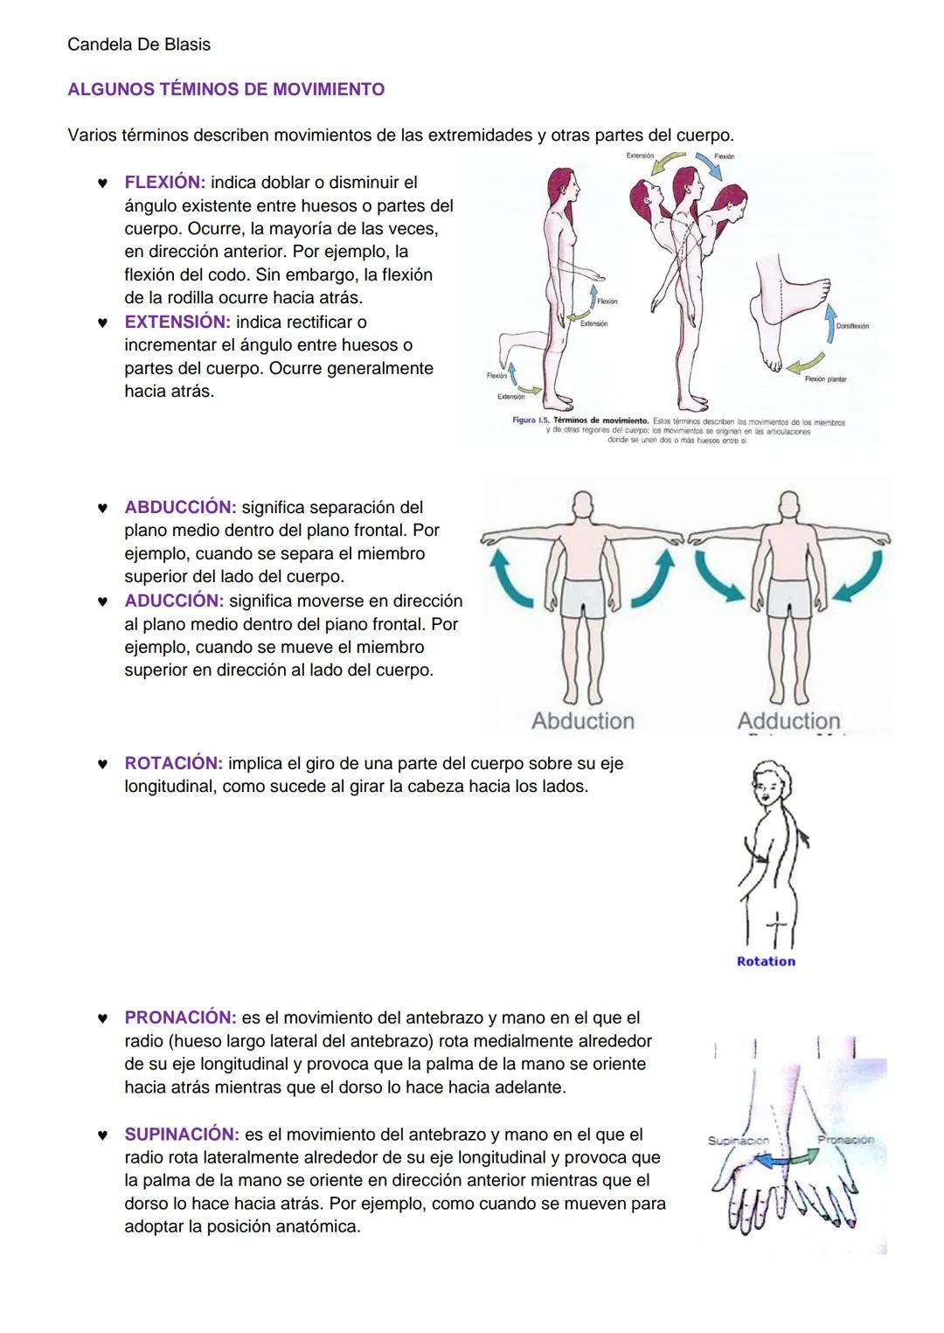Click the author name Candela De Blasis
[x=138, y=45]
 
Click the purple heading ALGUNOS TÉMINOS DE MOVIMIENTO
[x=226, y=89]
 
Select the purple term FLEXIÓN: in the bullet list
[x=164, y=183]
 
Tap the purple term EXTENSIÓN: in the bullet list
[x=177, y=322]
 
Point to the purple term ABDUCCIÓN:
[x=180, y=507]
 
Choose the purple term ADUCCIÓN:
[x=174, y=601]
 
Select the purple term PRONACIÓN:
[x=180, y=1017]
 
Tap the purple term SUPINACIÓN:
[x=182, y=1135]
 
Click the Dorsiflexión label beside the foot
[x=851, y=326]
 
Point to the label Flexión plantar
[x=825, y=379]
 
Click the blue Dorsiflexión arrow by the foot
[x=829, y=324]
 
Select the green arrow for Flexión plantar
[x=806, y=362]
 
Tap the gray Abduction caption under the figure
[x=583, y=721]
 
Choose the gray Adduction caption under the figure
[x=788, y=721]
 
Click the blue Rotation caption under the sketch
[x=766, y=962]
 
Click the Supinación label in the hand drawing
[x=738, y=1141]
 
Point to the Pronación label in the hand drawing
[x=845, y=1140]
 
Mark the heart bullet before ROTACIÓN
[x=102, y=764]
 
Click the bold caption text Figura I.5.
[x=531, y=421]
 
